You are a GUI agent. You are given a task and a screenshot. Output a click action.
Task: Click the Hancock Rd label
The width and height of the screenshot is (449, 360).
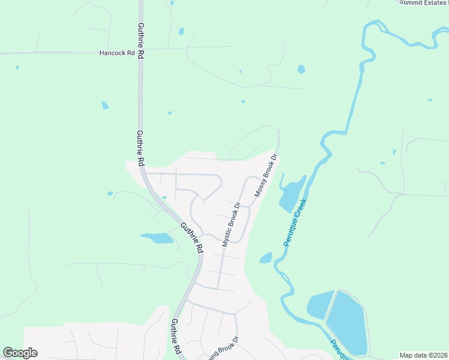click(117, 53)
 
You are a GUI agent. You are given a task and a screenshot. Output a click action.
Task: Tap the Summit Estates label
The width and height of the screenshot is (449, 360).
click(424, 2)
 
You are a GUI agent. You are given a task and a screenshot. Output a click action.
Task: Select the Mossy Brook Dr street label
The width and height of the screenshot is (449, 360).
click(266, 176)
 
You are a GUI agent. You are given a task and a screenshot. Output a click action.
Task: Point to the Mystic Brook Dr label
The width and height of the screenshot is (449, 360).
click(231, 224)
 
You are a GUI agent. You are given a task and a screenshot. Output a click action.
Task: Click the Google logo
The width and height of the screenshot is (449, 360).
click(20, 353)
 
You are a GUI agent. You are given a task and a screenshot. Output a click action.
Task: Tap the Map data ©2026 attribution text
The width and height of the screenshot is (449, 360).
click(423, 355)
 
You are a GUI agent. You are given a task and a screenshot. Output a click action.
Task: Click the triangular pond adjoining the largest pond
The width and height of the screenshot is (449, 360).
click(320, 304)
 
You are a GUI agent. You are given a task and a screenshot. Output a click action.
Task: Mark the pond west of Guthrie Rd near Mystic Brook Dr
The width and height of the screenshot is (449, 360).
click(158, 238)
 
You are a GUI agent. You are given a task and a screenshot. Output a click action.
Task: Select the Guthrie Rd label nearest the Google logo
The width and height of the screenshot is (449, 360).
click(175, 336)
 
